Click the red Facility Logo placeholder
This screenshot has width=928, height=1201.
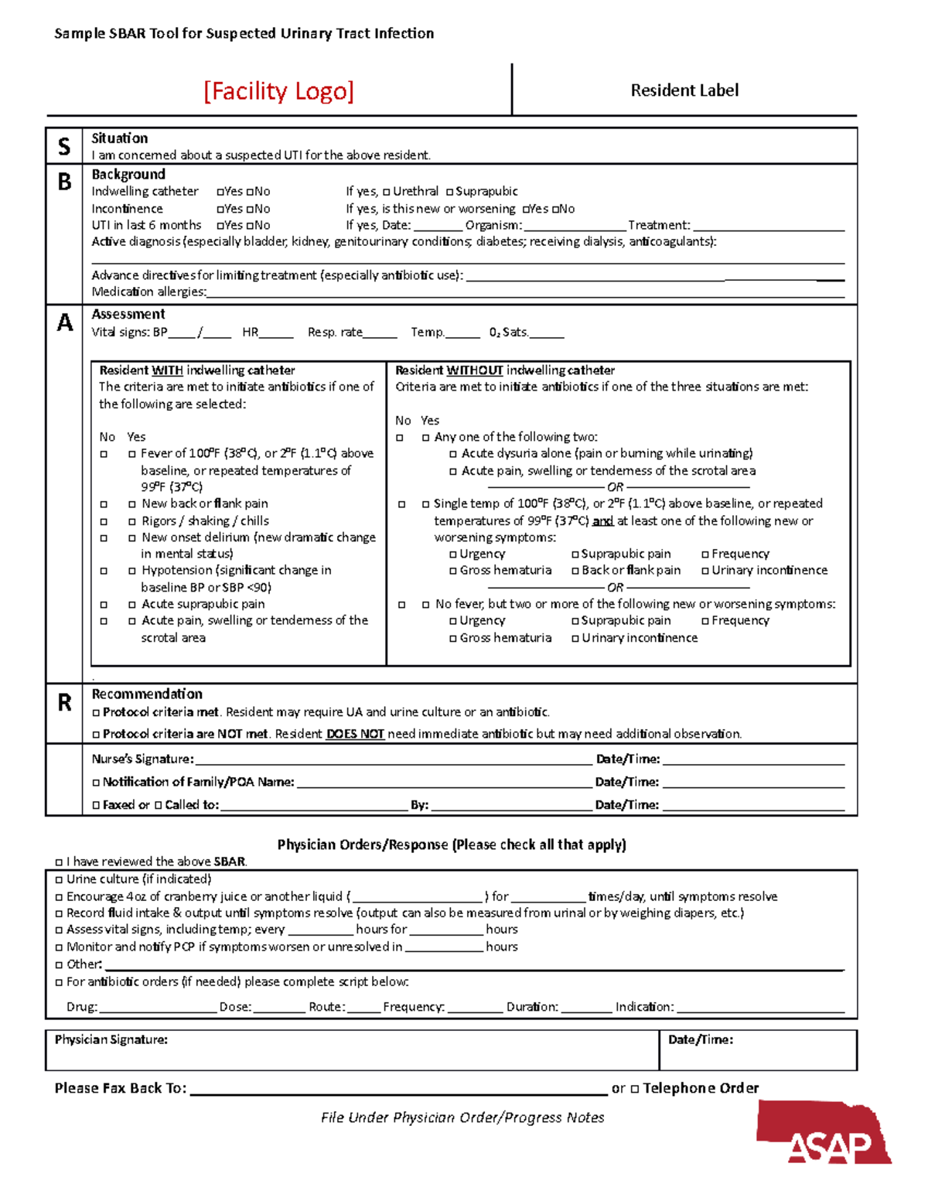pyautogui.click(x=278, y=91)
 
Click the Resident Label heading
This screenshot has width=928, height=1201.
pyautogui.click(x=684, y=90)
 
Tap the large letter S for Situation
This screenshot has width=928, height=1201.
pyautogui.click(x=64, y=146)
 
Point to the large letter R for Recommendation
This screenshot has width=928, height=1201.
pyautogui.click(x=65, y=702)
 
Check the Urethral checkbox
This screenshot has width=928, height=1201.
pyautogui.click(x=387, y=192)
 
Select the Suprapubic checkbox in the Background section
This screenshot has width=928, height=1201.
pyautogui.click(x=449, y=192)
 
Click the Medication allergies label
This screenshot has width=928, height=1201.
pyautogui.click(x=148, y=292)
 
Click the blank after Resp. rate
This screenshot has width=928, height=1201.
pyautogui.click(x=380, y=333)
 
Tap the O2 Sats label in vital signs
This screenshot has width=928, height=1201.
pyautogui.click(x=508, y=333)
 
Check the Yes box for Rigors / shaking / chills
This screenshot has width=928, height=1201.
pyautogui.click(x=132, y=522)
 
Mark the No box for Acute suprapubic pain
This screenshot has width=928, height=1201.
pyautogui.click(x=104, y=605)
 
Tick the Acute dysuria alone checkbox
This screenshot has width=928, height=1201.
pyautogui.click(x=453, y=454)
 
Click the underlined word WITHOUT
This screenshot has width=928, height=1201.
pyautogui.click(x=475, y=370)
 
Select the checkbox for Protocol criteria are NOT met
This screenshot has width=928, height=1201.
pyautogui.click(x=96, y=735)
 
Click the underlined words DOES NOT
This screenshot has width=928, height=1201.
pyautogui.click(x=355, y=734)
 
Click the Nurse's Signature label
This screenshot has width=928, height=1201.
pyautogui.click(x=142, y=759)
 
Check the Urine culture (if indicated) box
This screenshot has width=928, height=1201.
pyautogui.click(x=59, y=880)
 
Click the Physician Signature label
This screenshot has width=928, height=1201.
pyautogui.click(x=111, y=1040)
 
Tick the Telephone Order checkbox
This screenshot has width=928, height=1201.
pyautogui.click(x=635, y=1089)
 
